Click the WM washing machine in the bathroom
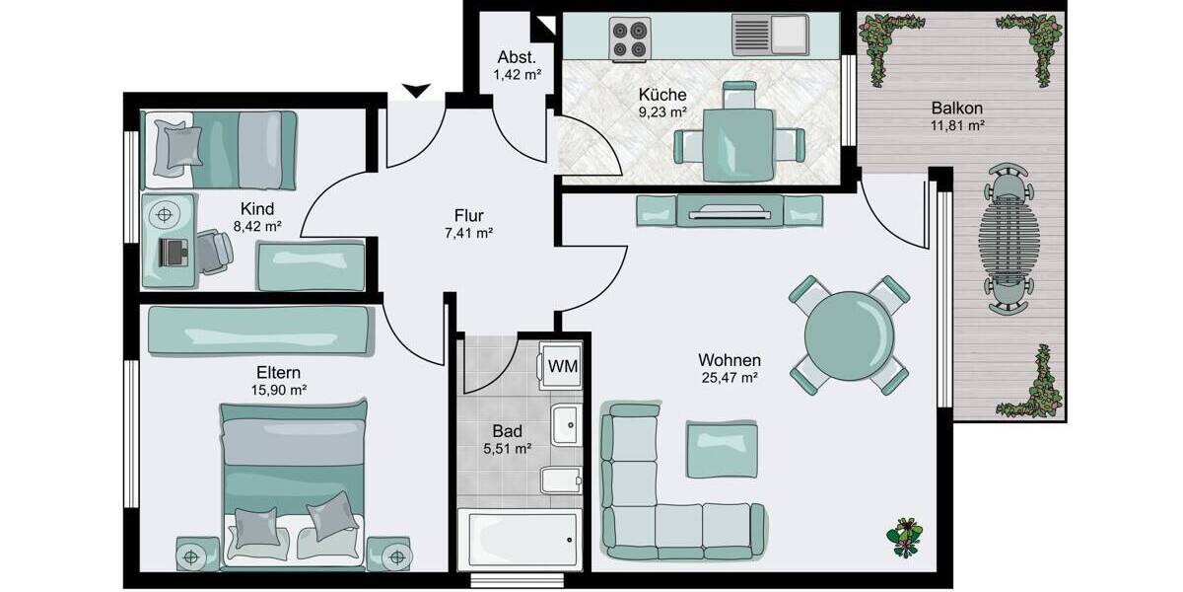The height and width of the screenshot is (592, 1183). click(x=563, y=365)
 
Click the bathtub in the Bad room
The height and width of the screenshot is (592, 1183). click(x=519, y=541)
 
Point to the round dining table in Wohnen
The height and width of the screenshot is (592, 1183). click(x=849, y=333)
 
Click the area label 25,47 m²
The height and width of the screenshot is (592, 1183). click(x=729, y=378)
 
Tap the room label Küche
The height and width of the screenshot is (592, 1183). click(x=662, y=95)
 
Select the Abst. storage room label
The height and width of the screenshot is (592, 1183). click(x=517, y=56)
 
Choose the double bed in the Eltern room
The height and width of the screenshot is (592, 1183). click(x=292, y=483)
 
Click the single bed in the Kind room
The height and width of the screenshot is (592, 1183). click(x=220, y=149)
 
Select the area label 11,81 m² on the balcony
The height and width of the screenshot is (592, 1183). click(x=957, y=125)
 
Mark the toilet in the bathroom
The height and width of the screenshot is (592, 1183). click(x=563, y=481)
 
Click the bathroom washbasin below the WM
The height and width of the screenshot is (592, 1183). click(x=565, y=425)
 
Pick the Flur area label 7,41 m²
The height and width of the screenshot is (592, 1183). click(x=468, y=234)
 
